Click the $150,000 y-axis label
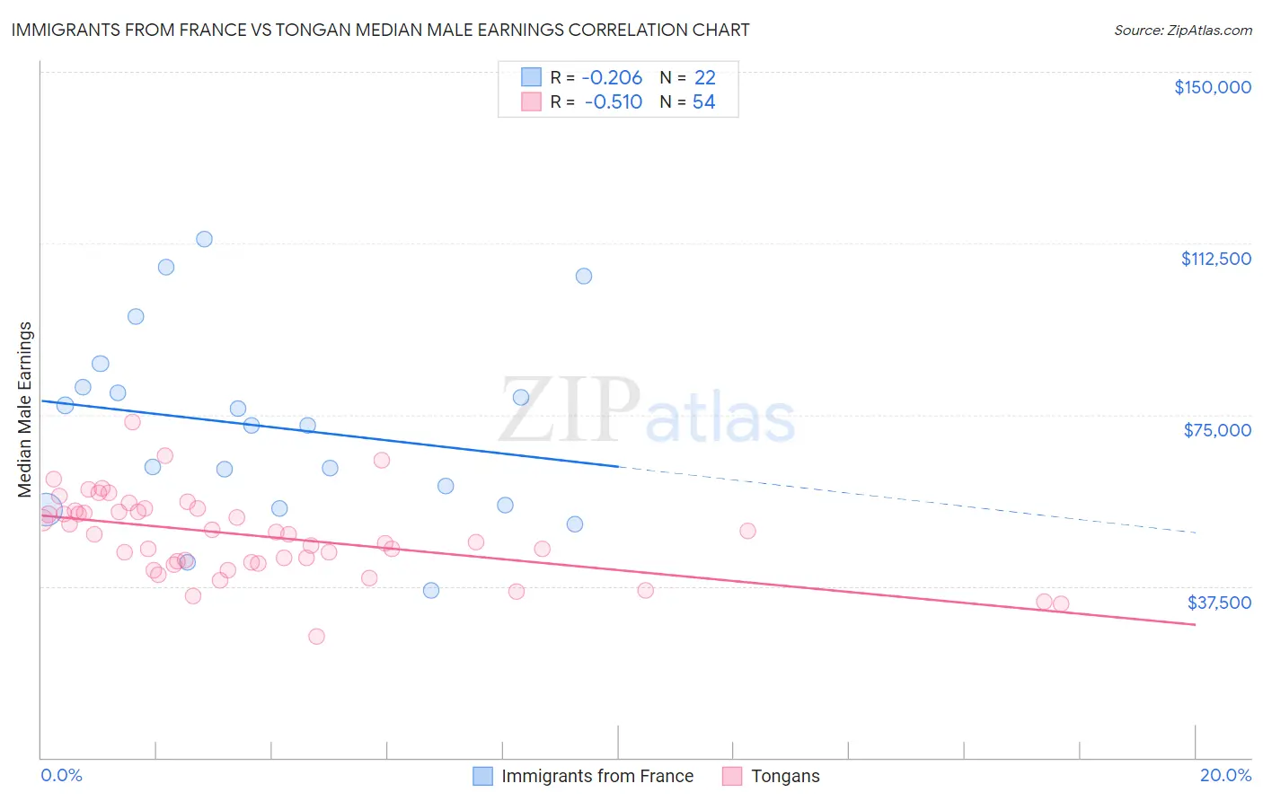point(1212,87)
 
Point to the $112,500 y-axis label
point(1215,259)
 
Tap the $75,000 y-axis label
point(1217,430)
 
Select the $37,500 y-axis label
point(1218,603)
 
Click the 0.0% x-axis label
point(61,775)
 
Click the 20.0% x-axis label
point(1225,775)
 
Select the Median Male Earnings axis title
point(25,409)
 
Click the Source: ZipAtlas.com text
point(1182,31)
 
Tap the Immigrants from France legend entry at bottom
point(596,776)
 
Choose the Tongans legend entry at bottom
point(784,776)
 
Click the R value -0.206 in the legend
point(613,78)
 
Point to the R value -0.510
point(613,102)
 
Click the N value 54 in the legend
point(703,102)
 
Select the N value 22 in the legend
point(704,78)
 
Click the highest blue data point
point(204,239)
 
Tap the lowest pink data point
point(316,636)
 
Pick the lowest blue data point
point(431,590)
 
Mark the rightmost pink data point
point(1061,603)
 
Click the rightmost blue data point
point(584,276)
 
